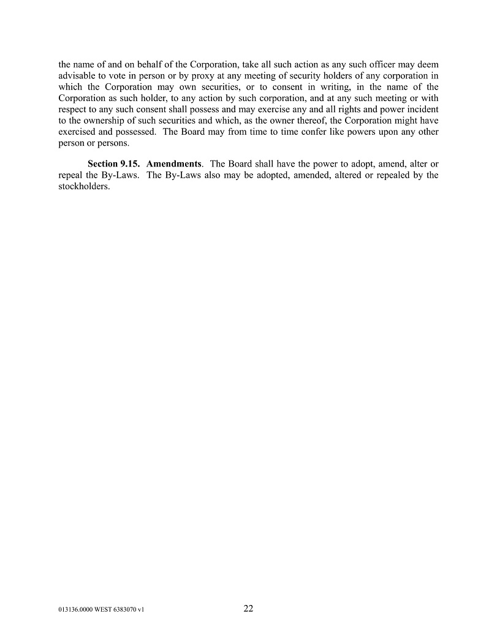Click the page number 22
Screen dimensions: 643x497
tap(248, 608)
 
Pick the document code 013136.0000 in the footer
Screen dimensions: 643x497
tap(68, 611)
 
